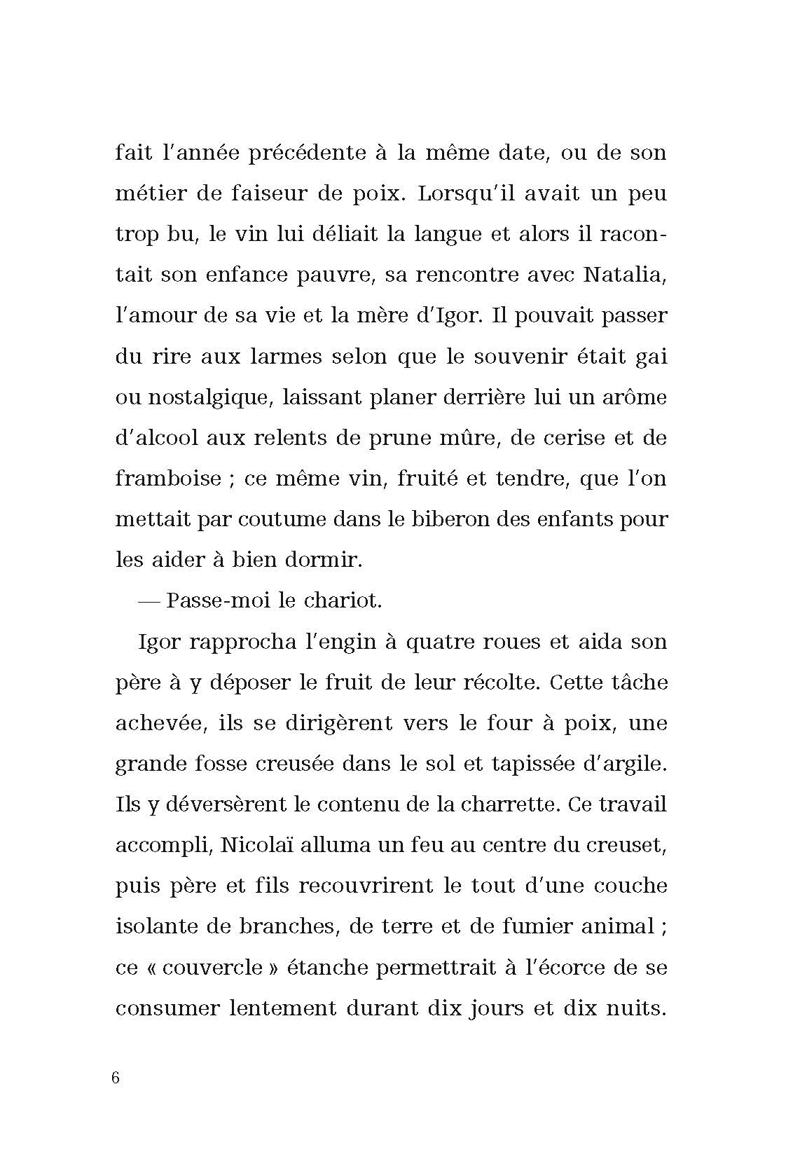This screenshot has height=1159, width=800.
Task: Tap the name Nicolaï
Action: [256, 845]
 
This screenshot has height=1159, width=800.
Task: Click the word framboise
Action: [168, 478]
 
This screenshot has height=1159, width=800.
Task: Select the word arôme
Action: [630, 397]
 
